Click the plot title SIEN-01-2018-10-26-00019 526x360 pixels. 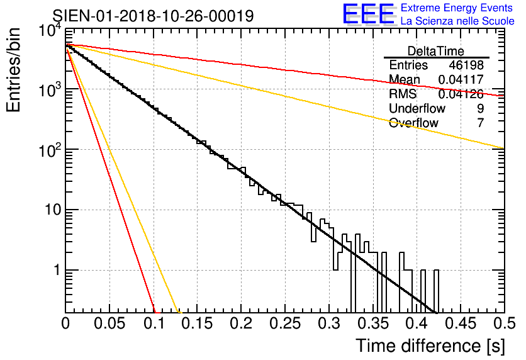point(153,16)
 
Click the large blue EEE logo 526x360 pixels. point(368,14)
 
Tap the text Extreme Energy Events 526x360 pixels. point(457,8)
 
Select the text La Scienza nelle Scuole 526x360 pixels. point(457,21)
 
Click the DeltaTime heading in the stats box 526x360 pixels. point(436,51)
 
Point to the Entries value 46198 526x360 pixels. point(466,65)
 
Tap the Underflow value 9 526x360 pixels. point(480,108)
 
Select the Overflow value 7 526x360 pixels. point(480,123)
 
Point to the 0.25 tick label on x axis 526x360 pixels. point(284,324)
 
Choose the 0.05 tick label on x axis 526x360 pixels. point(109,324)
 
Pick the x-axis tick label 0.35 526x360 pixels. point(372,324)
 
